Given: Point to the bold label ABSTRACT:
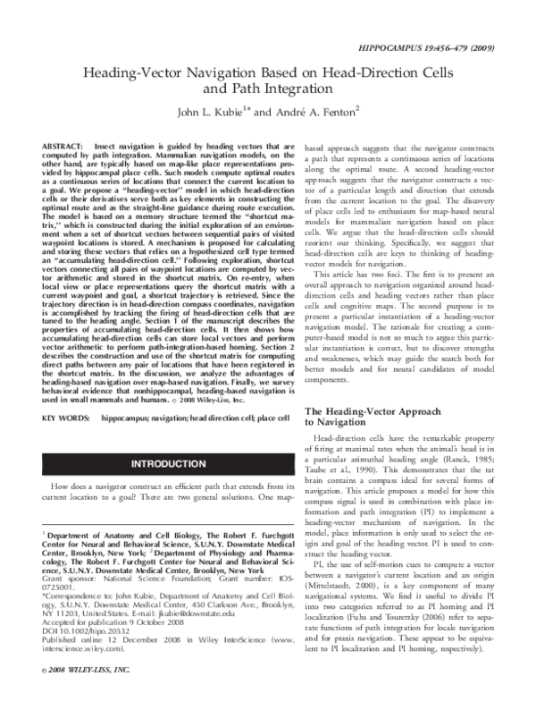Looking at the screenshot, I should (x=60, y=145).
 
